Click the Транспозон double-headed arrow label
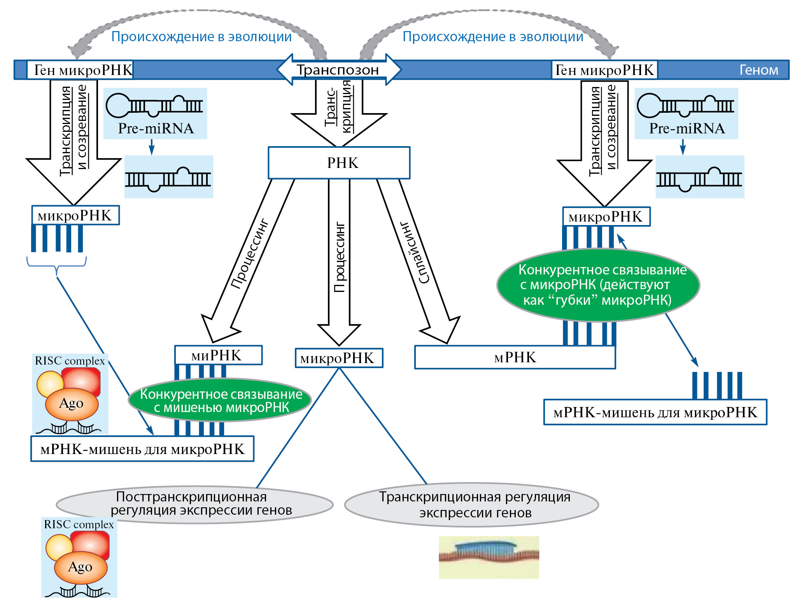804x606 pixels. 338,70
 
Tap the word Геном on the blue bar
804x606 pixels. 758,70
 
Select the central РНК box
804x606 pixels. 339,163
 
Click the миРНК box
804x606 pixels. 218,355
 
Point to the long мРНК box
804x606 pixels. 515,357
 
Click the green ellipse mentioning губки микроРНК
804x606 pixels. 598,285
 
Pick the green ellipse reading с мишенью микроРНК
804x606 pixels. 220,400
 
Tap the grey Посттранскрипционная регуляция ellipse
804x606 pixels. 194,504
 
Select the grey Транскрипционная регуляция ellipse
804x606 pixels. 471,505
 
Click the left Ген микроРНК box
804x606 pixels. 80,70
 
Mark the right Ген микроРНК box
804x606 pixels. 604,70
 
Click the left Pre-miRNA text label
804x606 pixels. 156,128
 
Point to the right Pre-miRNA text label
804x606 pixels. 687,128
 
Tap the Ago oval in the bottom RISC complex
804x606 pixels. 81,567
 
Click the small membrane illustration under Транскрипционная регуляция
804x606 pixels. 489,557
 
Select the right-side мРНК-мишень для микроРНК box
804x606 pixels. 655,412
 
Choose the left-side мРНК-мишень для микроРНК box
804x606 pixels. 142,449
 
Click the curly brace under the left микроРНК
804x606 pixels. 57,264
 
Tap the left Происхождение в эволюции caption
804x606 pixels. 201,37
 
